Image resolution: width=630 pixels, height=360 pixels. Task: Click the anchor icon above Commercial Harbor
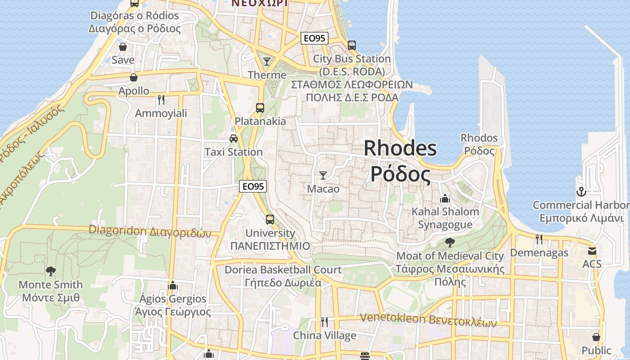tap(581, 192)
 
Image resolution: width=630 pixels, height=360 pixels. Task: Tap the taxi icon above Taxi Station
tap(233, 138)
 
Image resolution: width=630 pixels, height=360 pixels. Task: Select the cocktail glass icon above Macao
tap(323, 175)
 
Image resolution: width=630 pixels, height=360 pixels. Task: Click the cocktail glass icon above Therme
tap(267, 61)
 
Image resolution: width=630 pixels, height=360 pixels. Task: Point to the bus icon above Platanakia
tap(260, 108)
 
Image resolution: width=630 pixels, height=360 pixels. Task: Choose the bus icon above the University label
tap(270, 219)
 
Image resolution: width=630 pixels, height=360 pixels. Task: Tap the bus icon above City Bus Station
tap(352, 45)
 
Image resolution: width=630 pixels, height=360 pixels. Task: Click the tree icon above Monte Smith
tap(51, 271)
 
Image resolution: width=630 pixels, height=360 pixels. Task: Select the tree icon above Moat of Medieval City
tap(450, 243)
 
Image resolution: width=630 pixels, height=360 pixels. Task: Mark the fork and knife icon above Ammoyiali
tap(161, 99)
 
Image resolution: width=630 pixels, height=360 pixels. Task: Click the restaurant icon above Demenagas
tap(539, 239)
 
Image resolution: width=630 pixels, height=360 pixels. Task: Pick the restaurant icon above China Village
tap(324, 322)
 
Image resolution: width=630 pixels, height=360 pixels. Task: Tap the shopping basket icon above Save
tap(122, 46)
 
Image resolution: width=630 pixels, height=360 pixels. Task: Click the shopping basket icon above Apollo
tap(133, 77)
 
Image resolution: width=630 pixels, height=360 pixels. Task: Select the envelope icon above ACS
tap(592, 251)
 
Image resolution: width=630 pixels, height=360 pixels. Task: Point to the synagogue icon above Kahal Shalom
tap(445, 198)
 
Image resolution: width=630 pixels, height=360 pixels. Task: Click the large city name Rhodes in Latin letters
tap(400, 148)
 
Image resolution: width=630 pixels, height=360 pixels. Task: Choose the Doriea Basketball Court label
tap(283, 270)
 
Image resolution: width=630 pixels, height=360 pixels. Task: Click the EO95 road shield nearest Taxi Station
tap(253, 186)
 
